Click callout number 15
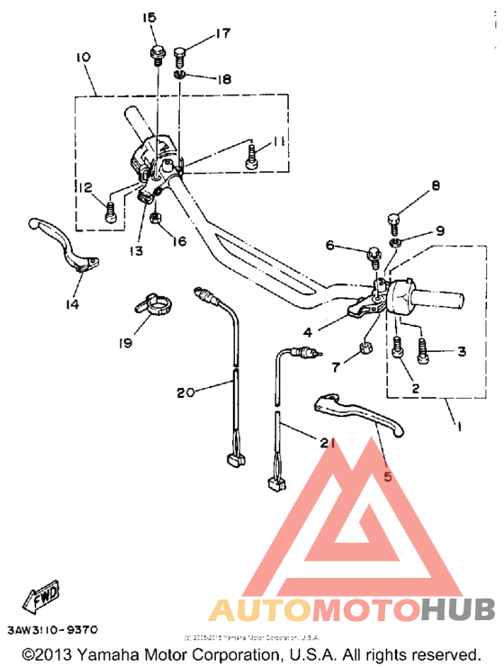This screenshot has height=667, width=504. [x=148, y=18]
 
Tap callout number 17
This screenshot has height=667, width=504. [x=222, y=35]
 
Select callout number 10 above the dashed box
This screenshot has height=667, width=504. [x=83, y=58]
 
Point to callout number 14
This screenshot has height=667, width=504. [x=71, y=304]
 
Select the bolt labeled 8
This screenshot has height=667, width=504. [x=393, y=219]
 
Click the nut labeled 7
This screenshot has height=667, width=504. [x=366, y=347]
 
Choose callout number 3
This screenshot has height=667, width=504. [x=462, y=351]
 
